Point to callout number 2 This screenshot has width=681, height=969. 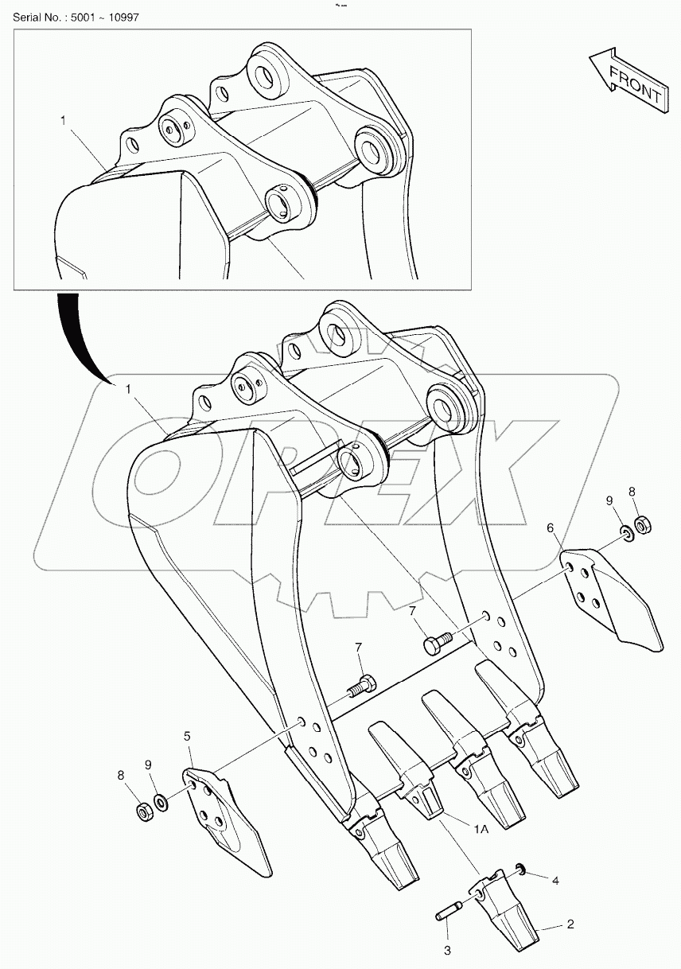tap(570, 924)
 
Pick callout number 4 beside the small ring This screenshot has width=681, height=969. tap(556, 881)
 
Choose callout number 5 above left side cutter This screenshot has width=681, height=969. tap(187, 737)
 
